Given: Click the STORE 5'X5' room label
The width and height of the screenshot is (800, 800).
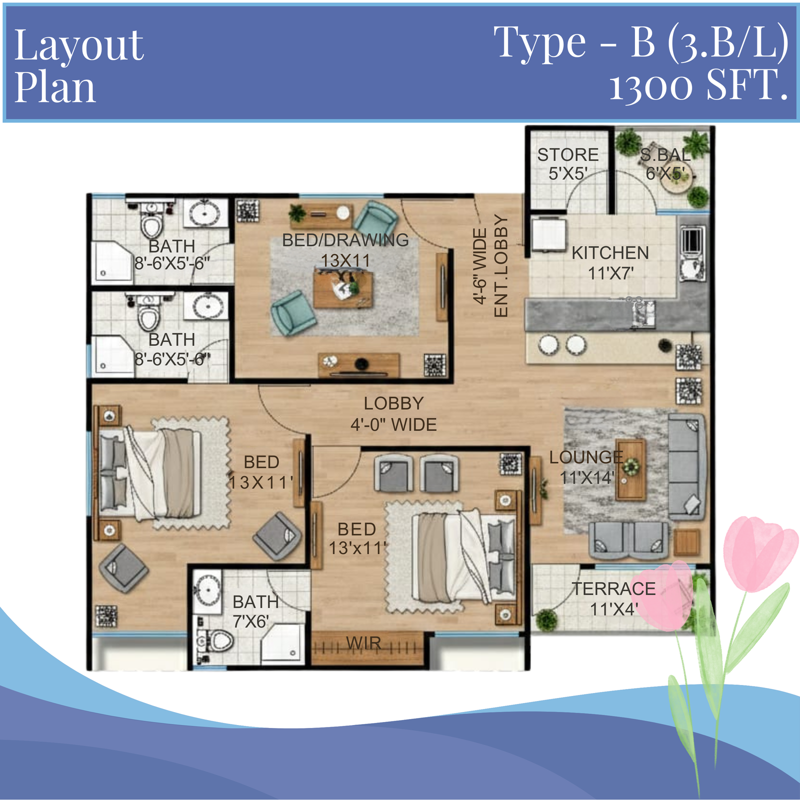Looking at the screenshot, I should tap(567, 164).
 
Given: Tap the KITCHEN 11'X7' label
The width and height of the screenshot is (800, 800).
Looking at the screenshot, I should tap(610, 263).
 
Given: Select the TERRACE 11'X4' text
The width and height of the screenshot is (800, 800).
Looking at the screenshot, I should tap(613, 599).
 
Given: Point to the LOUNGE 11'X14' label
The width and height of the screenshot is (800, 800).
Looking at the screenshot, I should tap(586, 467).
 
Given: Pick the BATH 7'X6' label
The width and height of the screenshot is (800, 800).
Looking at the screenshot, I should tap(255, 611).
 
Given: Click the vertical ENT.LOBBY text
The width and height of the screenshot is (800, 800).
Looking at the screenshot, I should tap(500, 265).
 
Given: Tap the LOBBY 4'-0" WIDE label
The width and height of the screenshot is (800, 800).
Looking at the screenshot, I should tap(393, 414).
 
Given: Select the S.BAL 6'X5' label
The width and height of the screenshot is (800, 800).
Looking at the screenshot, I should tap(665, 164).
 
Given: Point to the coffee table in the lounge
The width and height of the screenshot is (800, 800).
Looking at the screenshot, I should tap(630, 469).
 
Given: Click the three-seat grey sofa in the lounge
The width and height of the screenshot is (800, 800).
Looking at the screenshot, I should tap(686, 467).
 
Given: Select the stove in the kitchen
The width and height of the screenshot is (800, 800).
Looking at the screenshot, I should tap(692, 240).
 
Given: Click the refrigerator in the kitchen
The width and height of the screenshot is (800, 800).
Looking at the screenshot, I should tap(548, 234).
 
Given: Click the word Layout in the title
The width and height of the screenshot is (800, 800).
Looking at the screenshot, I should tap(78, 46).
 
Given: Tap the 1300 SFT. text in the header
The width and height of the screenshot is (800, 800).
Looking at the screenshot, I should tap(698, 85).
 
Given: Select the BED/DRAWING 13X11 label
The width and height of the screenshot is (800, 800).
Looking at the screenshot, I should tap(345, 250).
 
